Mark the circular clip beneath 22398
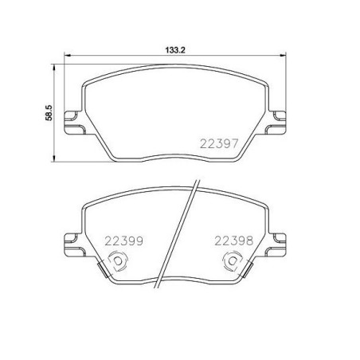point(233,260)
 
